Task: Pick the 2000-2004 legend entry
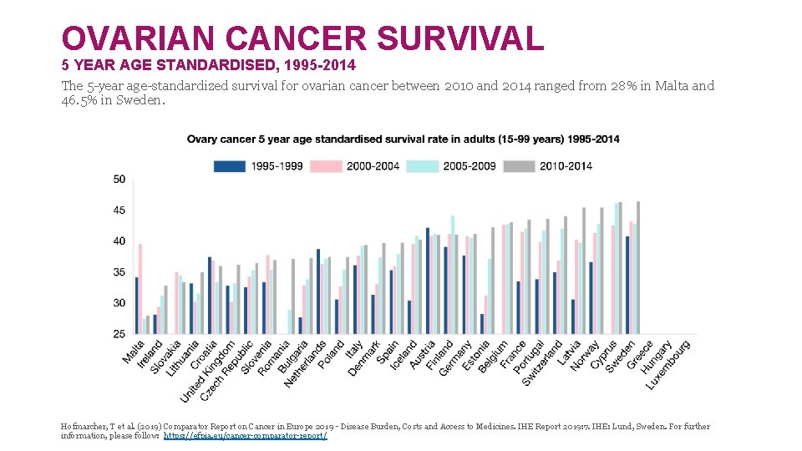[x=355, y=165]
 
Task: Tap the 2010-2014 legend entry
[x=548, y=165]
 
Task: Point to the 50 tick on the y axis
[x=119, y=180]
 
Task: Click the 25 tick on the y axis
[x=119, y=334]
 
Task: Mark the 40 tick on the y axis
[x=119, y=241]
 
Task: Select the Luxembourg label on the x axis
[x=668, y=363]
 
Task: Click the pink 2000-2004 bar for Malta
[x=140, y=289]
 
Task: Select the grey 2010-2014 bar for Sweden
[x=638, y=267]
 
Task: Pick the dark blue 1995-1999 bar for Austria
[x=428, y=281]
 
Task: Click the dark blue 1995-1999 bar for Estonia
[x=482, y=324]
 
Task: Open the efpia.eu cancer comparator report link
[x=245, y=436]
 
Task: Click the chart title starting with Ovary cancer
[x=403, y=139]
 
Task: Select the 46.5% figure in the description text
[x=79, y=101]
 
